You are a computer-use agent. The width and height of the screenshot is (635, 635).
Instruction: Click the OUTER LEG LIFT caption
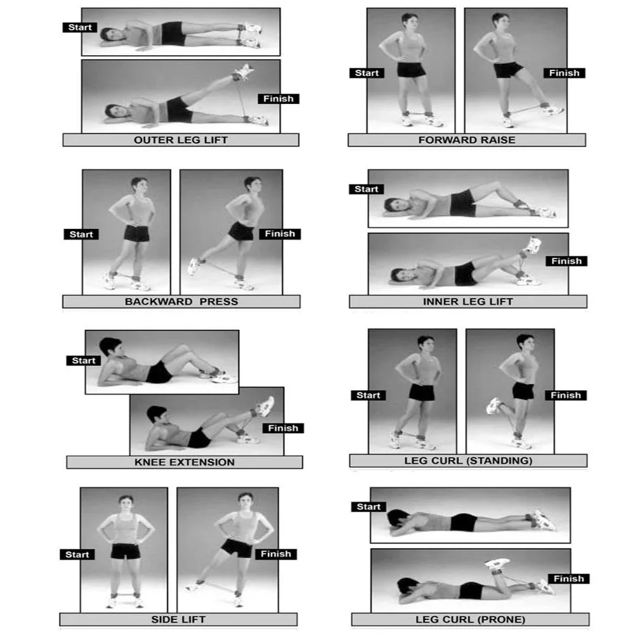[181, 140]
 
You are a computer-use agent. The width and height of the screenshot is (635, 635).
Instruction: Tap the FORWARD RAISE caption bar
[466, 140]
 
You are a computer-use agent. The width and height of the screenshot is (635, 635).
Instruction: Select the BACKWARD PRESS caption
[181, 301]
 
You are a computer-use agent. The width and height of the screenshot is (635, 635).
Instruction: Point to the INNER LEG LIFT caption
[468, 301]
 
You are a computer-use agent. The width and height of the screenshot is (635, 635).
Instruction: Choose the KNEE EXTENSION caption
[184, 462]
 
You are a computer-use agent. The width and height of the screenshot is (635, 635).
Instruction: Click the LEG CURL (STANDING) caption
[468, 461]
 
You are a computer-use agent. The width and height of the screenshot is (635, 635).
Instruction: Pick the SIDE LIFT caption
[178, 619]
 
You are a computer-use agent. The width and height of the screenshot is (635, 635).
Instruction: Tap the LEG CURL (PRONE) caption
[470, 619]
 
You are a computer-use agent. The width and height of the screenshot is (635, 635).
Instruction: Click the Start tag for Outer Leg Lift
[80, 27]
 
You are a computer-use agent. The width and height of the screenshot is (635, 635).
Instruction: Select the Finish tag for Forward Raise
[564, 73]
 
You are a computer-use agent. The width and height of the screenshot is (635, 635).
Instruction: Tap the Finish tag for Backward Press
[280, 233]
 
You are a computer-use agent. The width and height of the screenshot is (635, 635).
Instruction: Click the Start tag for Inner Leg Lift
[367, 189]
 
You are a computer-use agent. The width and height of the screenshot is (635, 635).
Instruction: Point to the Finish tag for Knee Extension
[283, 428]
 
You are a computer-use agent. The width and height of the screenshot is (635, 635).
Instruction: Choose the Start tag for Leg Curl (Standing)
[368, 395]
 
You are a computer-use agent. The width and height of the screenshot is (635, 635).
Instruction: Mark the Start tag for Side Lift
[77, 554]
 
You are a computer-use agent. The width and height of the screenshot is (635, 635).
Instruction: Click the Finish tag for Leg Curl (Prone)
[568, 579]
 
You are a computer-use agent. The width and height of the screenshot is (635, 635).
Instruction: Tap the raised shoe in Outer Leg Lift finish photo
[243, 71]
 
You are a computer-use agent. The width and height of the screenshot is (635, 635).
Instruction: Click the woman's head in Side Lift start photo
[126, 502]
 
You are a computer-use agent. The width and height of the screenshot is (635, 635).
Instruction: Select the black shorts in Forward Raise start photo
[411, 69]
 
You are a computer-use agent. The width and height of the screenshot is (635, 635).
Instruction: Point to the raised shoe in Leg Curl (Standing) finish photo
[494, 405]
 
